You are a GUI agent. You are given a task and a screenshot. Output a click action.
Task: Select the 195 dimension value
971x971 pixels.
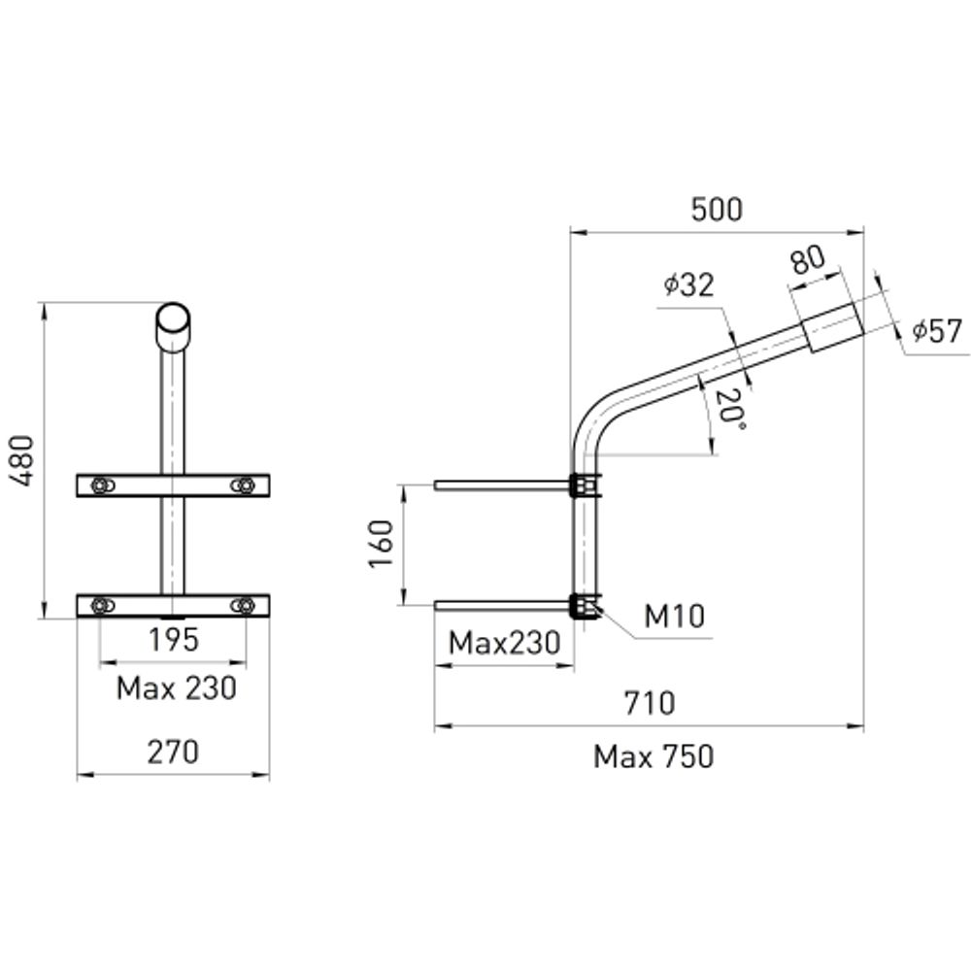click(173, 641)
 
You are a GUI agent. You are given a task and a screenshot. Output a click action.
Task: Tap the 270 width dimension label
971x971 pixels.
click(173, 752)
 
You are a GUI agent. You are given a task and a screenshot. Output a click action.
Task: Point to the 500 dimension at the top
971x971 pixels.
click(716, 210)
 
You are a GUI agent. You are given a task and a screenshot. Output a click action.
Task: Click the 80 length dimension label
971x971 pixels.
click(807, 259)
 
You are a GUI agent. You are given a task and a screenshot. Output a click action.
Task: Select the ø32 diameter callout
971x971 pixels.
click(689, 285)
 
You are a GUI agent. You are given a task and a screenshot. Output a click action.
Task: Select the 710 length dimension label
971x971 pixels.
click(649, 703)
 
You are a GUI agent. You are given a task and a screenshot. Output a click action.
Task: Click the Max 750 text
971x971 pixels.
click(653, 756)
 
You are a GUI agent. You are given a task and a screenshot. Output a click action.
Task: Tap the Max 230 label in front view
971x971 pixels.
click(176, 688)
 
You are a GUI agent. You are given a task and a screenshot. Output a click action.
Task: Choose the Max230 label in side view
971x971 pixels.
click(504, 643)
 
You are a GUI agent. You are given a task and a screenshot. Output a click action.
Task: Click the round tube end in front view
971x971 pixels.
click(173, 319)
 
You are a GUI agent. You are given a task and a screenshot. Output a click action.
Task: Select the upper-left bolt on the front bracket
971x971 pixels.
click(100, 485)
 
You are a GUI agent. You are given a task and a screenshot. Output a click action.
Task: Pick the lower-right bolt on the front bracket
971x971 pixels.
click(244, 606)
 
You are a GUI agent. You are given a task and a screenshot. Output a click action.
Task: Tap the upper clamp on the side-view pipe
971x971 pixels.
click(584, 485)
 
